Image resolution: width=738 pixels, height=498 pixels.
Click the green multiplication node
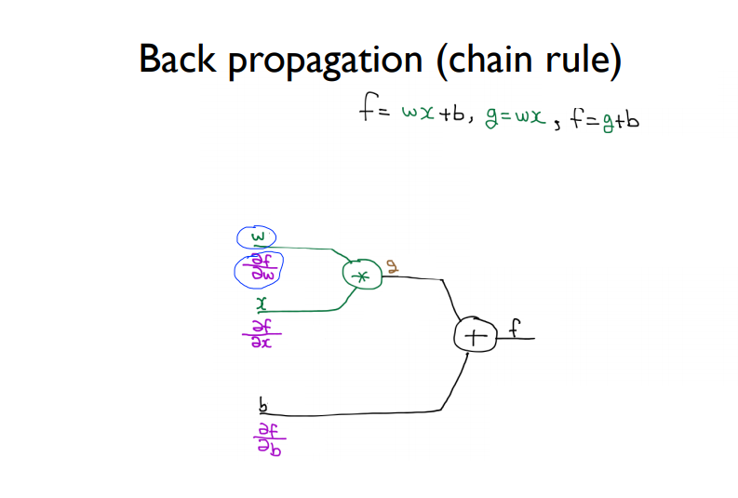coord(362,276)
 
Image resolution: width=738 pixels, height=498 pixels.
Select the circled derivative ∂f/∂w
coord(257,270)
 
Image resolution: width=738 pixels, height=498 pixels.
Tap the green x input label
coord(262,303)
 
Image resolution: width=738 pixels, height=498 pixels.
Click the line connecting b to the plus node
coord(372,412)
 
